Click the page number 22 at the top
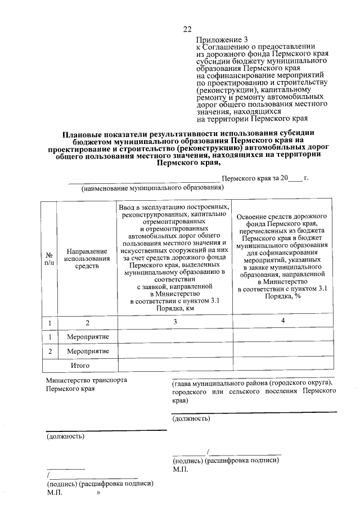187,29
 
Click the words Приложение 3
222,40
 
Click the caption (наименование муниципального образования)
152,188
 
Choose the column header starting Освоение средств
282,217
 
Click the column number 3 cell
175,322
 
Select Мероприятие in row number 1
88,336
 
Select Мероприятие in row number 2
88,351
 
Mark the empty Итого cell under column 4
282,365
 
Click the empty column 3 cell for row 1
175,336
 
